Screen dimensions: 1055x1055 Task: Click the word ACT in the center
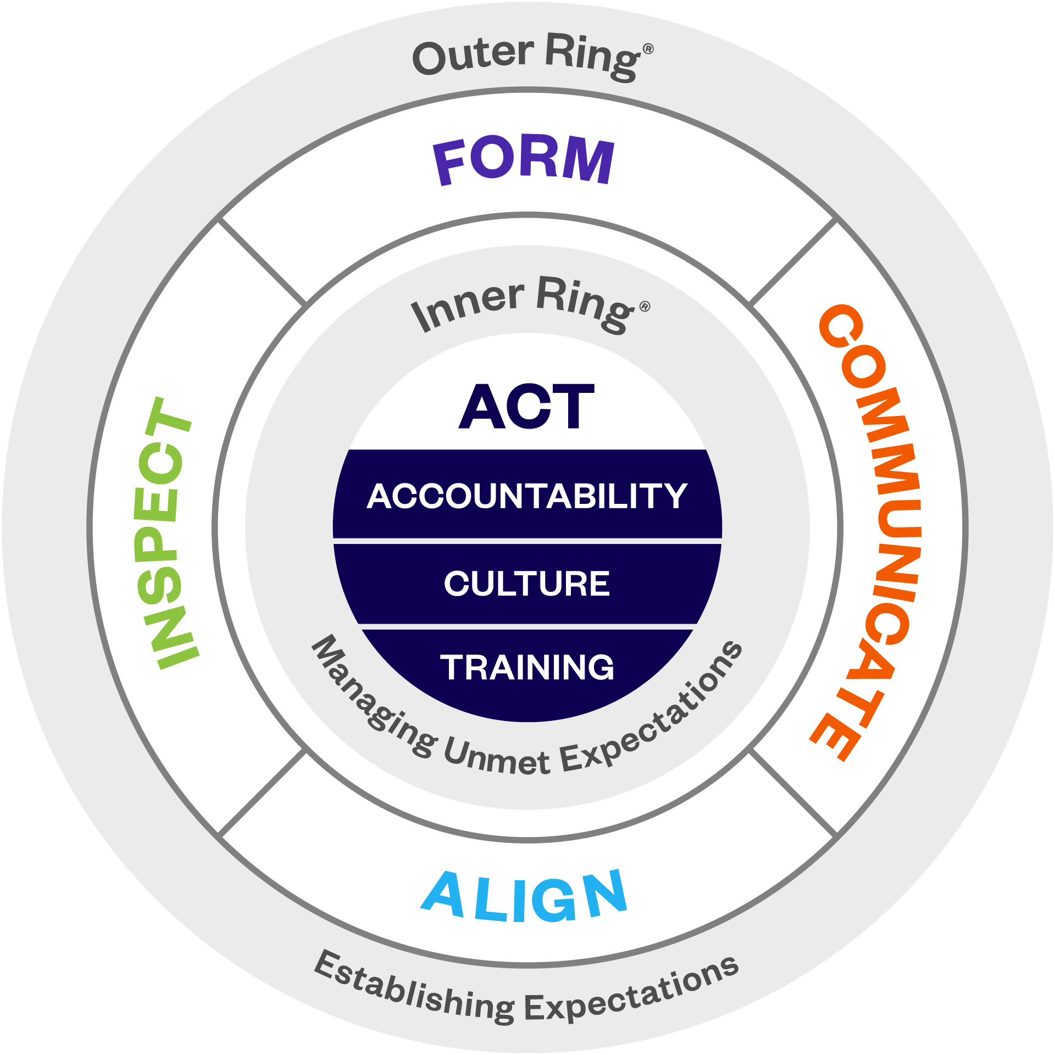[526, 407]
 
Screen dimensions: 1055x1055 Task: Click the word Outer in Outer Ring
[473, 56]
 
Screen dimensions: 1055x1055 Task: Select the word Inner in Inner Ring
[467, 308]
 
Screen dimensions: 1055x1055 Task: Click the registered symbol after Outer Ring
[648, 49]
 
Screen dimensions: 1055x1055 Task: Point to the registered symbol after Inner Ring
[645, 307]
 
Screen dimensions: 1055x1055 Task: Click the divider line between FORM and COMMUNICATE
[793, 263]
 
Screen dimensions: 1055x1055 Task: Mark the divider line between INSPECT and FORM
[262, 263]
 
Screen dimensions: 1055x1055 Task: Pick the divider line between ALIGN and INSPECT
[262, 793]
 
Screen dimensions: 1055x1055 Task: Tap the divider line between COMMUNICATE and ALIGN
[793, 793]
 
